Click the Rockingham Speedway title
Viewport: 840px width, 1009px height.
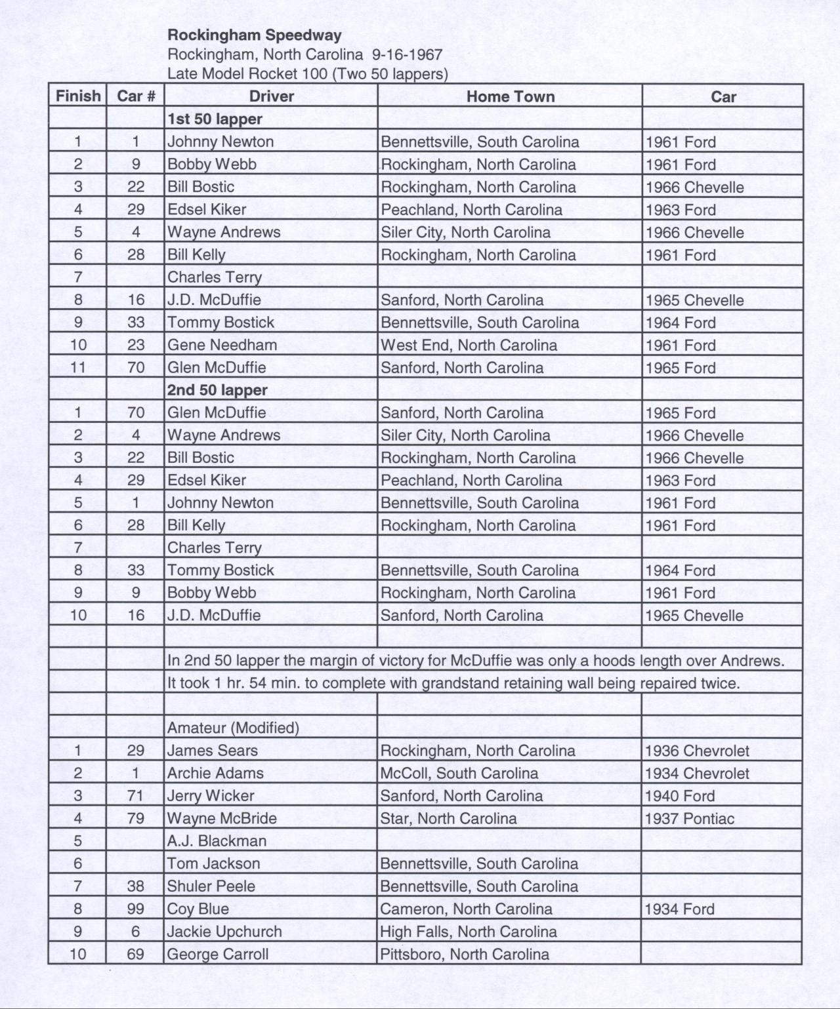tap(254, 35)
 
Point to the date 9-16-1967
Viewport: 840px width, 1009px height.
tap(407, 54)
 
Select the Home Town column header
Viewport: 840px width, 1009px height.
tap(510, 96)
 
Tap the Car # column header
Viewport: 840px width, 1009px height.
tap(136, 96)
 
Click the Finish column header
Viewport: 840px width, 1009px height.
tap(78, 96)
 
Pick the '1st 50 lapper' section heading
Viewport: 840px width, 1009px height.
tap(215, 119)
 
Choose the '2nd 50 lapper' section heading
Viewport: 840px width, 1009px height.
tap(217, 390)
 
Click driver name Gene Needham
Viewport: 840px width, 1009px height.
tap(222, 345)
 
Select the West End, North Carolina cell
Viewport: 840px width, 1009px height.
tap(469, 345)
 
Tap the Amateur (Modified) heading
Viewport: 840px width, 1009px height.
tap(233, 728)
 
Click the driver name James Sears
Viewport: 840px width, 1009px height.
tap(212, 751)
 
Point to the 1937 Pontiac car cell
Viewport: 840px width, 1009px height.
tap(689, 818)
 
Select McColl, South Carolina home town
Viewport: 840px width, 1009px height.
tap(459, 774)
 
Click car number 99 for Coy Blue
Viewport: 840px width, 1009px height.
tap(135, 909)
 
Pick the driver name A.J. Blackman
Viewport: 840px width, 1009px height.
tap(217, 841)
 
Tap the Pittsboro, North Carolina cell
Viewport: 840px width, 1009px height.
tap(465, 954)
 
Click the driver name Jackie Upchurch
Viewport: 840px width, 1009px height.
tap(224, 932)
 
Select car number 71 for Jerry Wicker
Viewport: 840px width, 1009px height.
tap(135, 796)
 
